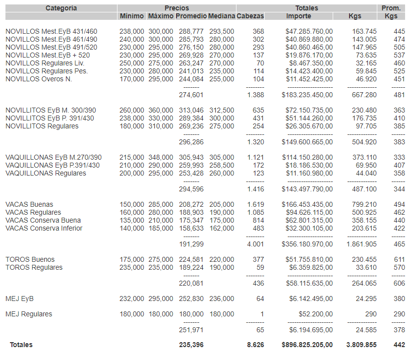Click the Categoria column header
click(x=61, y=8)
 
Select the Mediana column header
click(x=221, y=16)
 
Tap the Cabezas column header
click(x=250, y=16)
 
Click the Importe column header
click(x=298, y=16)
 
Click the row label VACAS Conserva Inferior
click(x=44, y=229)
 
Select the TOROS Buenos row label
click(x=30, y=260)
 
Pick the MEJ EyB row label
click(x=19, y=299)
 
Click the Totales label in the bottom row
click(x=21, y=345)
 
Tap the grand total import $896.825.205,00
click(x=307, y=345)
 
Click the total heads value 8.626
click(x=255, y=345)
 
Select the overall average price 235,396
click(x=191, y=345)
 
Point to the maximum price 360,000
click(x=161, y=111)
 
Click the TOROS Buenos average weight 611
click(x=399, y=260)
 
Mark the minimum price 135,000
click(x=132, y=221)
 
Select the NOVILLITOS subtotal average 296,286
click(x=191, y=142)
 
